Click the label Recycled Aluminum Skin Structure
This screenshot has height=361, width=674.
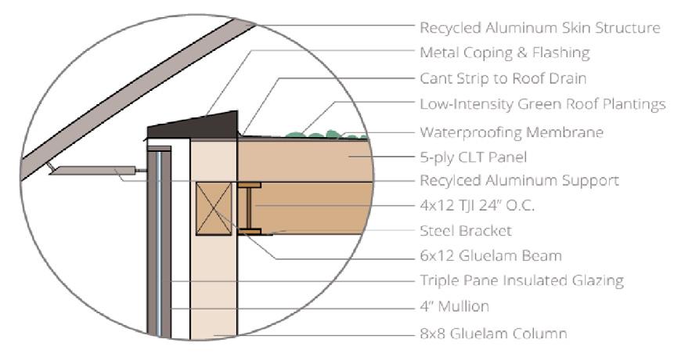coord(539,28)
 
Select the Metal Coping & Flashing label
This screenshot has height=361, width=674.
coord(504,53)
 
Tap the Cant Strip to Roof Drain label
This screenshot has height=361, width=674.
coord(503,79)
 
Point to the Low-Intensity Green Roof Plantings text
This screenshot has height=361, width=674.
coord(542,105)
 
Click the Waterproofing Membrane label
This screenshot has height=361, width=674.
coord(511,132)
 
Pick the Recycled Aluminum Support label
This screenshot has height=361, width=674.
coord(519,181)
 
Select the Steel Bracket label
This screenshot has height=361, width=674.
coord(466,231)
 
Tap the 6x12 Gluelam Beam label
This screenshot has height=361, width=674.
coord(490,256)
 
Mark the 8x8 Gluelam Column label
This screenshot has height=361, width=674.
coord(493,333)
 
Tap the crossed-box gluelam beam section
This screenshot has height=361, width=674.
coord(214,208)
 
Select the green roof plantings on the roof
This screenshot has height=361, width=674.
coord(313,135)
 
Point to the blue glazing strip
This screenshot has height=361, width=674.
coord(160,243)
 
